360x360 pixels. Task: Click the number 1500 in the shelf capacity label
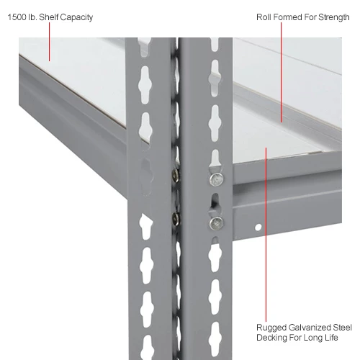coord(17,17)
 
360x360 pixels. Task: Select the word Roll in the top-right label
coord(264,17)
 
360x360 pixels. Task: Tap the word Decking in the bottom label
coord(273,337)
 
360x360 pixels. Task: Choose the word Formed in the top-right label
coord(289,17)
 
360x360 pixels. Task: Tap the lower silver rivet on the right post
coord(215,223)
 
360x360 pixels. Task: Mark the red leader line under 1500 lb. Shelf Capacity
coord(49,43)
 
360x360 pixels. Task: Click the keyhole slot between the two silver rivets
coord(215,202)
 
